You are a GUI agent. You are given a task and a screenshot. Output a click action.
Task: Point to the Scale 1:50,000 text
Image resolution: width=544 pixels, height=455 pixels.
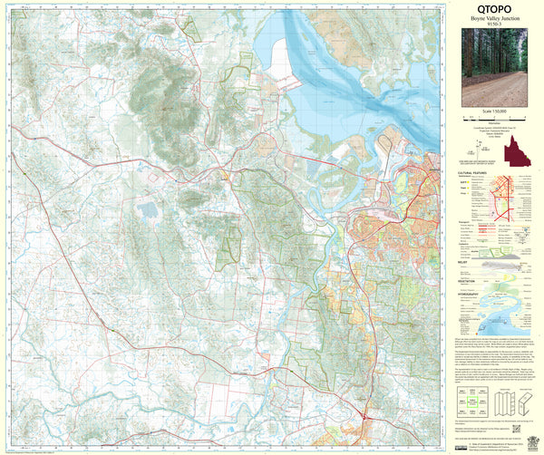click(494, 111)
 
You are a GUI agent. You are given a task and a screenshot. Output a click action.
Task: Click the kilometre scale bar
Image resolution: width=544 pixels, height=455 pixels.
click(494, 117)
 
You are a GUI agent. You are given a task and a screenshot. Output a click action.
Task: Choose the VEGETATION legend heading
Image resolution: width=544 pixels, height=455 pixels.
click(469, 281)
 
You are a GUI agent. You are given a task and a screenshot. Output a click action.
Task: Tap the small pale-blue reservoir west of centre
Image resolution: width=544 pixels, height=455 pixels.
click(147, 211)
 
